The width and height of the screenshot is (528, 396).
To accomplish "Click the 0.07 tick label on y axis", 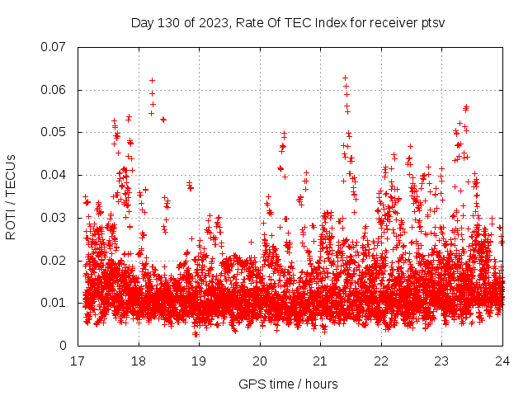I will coord(55,47).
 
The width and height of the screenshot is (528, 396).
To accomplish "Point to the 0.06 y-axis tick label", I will coord(55,90).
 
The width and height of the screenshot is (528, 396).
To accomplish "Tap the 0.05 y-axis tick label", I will coord(55,132).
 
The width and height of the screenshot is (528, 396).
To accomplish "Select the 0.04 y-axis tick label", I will coord(55,175).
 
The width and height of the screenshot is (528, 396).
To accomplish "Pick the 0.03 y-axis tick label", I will coord(55,218).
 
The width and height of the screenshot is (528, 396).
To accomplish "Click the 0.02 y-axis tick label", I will coord(55,261).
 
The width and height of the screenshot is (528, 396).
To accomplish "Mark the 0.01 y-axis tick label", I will coord(55,303).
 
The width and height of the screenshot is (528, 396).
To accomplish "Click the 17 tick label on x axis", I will coord(78,361).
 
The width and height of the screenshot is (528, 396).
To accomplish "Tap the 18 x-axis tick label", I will coord(139,361).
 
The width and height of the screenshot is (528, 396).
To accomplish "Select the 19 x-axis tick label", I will coord(199,361).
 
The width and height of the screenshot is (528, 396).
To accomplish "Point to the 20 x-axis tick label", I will coord(260,361).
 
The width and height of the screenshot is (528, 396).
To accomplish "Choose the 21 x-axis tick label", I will coord(321,361).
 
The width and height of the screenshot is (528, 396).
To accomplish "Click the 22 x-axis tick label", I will coord(381,361).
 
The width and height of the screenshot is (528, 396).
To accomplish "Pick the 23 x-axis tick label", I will coord(442,361).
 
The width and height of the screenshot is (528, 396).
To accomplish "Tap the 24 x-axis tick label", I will coord(502,361).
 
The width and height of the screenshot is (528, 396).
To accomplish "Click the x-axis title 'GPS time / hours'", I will coord(288,384).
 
